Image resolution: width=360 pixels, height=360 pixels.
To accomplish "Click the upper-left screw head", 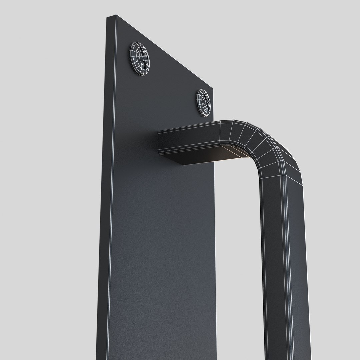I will click(x=140, y=59).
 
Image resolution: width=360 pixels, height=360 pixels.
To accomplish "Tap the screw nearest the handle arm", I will click(x=204, y=102).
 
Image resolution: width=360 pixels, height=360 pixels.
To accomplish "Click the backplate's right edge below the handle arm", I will click(x=214, y=250).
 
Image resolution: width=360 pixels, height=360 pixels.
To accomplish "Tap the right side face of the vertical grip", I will click(x=298, y=267).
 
